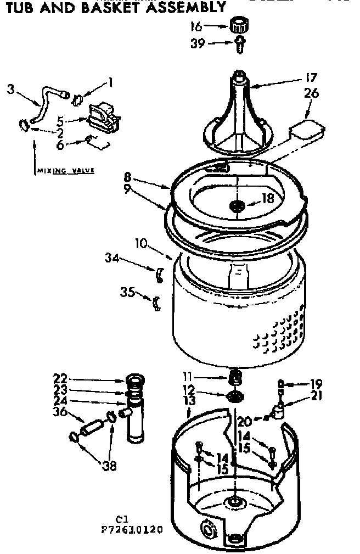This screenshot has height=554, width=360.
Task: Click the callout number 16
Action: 195,25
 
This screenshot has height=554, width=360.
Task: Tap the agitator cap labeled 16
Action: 237,25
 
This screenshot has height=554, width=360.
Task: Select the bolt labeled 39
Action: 240,44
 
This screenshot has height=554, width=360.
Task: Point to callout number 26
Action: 311,94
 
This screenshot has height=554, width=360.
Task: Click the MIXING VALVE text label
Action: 65,171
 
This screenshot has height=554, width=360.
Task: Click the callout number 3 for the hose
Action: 10,88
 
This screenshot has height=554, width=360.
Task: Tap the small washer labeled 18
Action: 238,205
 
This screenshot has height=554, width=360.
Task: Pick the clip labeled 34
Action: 159,274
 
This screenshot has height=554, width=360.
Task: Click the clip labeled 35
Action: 156,302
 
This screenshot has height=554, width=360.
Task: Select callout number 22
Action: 60,378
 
